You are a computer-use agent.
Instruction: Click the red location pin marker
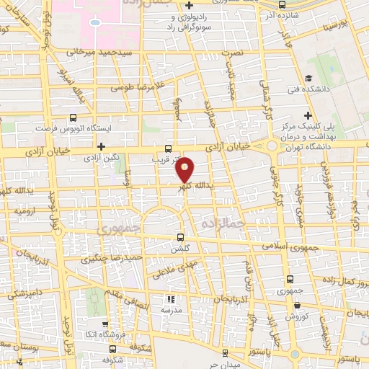[x=185, y=169]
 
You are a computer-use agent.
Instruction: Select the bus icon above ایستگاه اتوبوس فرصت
[x=72, y=117]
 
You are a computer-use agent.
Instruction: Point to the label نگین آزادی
[x=101, y=156]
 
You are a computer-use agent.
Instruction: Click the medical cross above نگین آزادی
[x=102, y=146]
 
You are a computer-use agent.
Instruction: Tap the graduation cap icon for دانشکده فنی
[x=308, y=79]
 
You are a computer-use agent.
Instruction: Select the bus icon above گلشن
[x=180, y=237]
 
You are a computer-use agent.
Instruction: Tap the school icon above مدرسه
[x=172, y=298]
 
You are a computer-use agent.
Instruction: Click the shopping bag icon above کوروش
[x=295, y=306]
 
